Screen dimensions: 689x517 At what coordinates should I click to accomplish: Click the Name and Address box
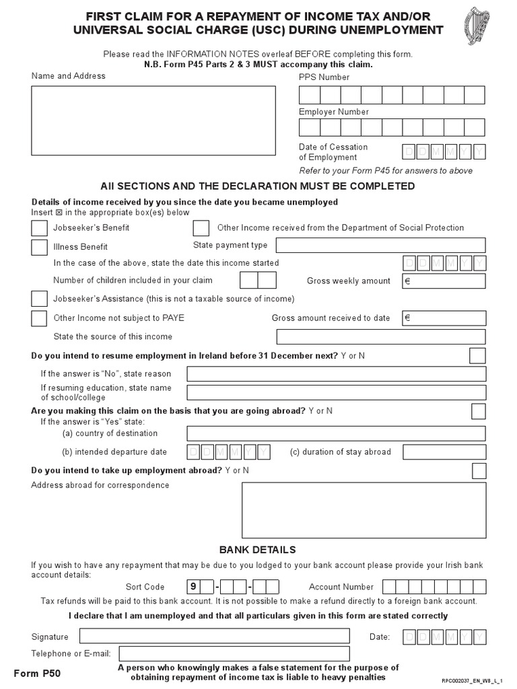[x=153, y=120]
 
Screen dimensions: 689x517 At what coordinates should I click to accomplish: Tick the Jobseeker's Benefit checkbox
[x=40, y=228]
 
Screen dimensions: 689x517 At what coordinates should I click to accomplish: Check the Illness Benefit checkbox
[x=40, y=247]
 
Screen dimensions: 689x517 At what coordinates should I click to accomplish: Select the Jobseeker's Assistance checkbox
[x=40, y=298]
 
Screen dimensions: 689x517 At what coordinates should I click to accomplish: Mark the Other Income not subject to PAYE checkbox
[x=40, y=318]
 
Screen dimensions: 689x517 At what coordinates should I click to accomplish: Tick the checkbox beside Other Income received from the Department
[x=201, y=228]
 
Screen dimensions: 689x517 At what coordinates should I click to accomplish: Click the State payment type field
[x=380, y=246]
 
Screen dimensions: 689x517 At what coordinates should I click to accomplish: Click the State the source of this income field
[x=380, y=336]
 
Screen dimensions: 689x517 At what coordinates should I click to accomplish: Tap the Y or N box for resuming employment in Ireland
[x=477, y=355]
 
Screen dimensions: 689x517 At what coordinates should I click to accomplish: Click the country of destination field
[x=336, y=433]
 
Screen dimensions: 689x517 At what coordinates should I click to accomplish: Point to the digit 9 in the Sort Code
[x=193, y=587]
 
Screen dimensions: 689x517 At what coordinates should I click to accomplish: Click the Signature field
[x=214, y=636]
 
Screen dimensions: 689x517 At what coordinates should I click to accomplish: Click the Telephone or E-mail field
[x=234, y=653]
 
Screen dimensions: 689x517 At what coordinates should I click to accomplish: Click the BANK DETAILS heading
[x=258, y=550]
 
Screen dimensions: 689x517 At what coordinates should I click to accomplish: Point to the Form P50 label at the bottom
[x=37, y=672]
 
